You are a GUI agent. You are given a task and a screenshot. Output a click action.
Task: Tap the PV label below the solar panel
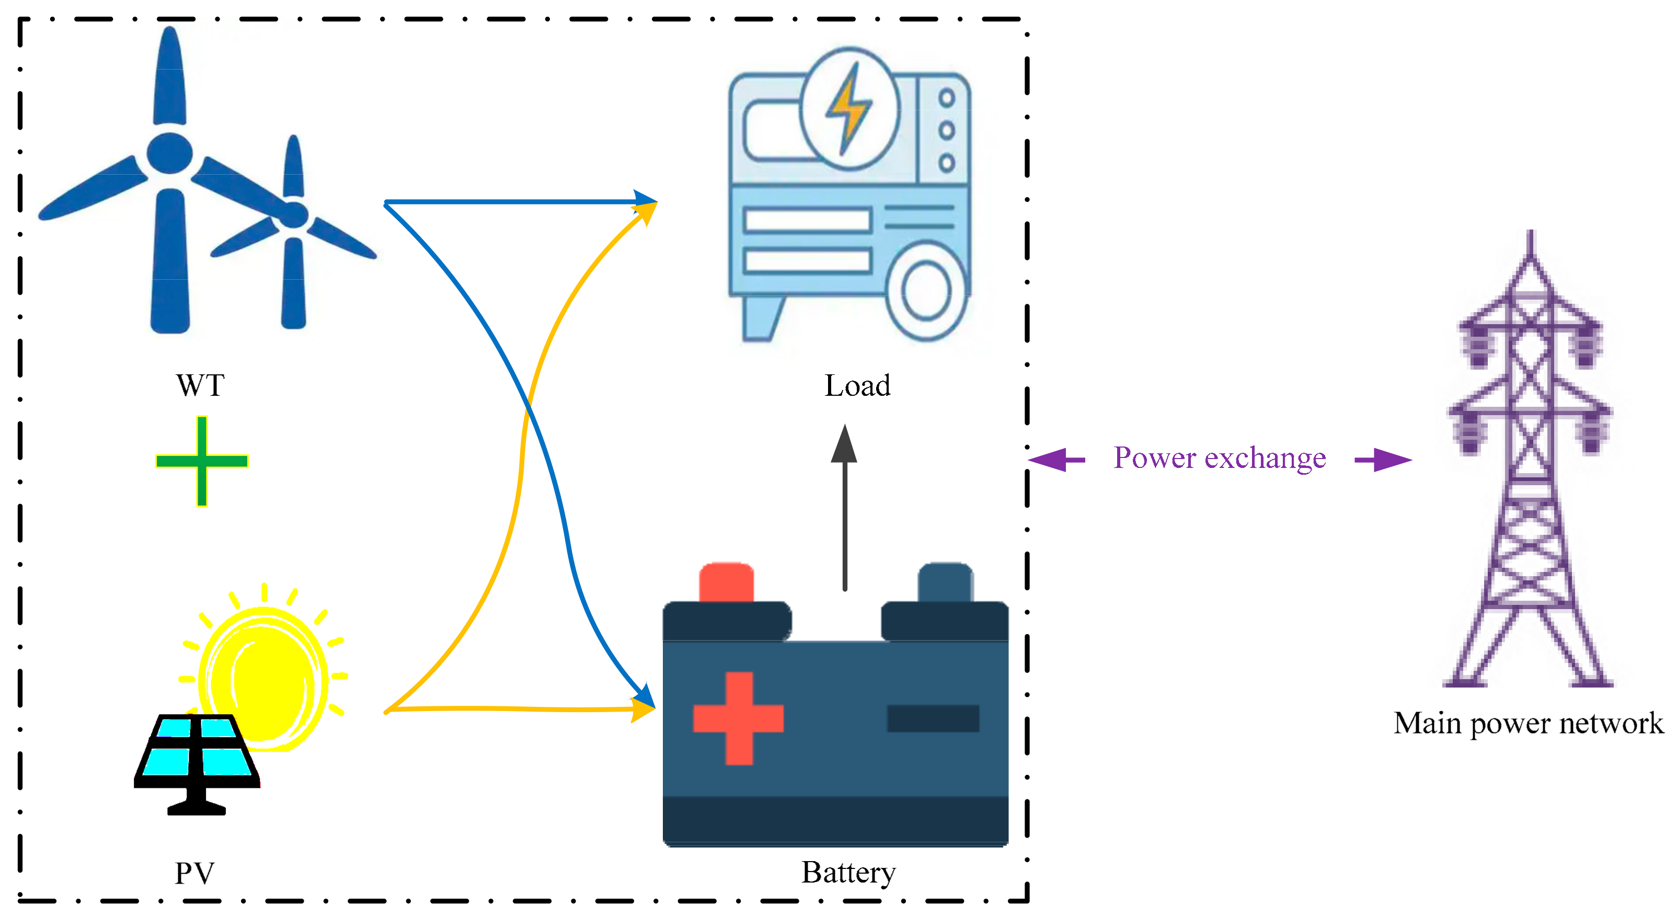coord(194,873)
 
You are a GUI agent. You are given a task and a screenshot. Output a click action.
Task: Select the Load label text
coord(857,385)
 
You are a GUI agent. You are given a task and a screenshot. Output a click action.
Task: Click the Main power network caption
coord(1528,723)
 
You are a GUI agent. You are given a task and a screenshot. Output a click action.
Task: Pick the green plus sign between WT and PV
coord(202,461)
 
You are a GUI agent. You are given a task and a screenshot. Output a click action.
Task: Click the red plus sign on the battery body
coord(738,718)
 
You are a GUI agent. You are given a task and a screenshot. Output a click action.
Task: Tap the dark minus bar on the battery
coord(933,718)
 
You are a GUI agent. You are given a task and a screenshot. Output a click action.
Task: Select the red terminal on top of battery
coord(726,582)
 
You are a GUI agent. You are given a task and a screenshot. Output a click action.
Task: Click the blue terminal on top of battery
coord(945,582)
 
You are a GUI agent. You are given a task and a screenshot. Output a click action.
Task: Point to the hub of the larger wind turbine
coord(169,154)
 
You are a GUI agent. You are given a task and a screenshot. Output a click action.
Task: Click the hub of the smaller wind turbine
coord(294,215)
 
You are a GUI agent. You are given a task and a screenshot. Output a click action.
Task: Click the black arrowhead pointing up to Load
coord(844,444)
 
